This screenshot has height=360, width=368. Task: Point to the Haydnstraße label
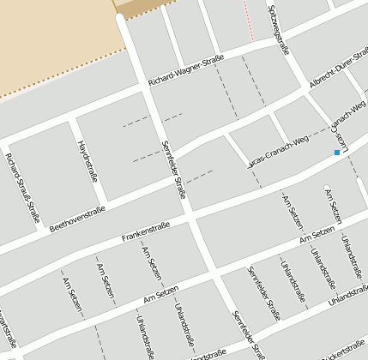(87, 160)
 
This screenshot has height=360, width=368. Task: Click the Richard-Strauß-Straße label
(22, 188)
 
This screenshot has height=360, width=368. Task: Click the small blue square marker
(337, 153)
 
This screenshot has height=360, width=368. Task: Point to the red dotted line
(249, 19)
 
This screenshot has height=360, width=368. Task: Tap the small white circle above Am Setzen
(325, 186)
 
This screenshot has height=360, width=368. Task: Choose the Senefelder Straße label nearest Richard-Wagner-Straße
(173, 169)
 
